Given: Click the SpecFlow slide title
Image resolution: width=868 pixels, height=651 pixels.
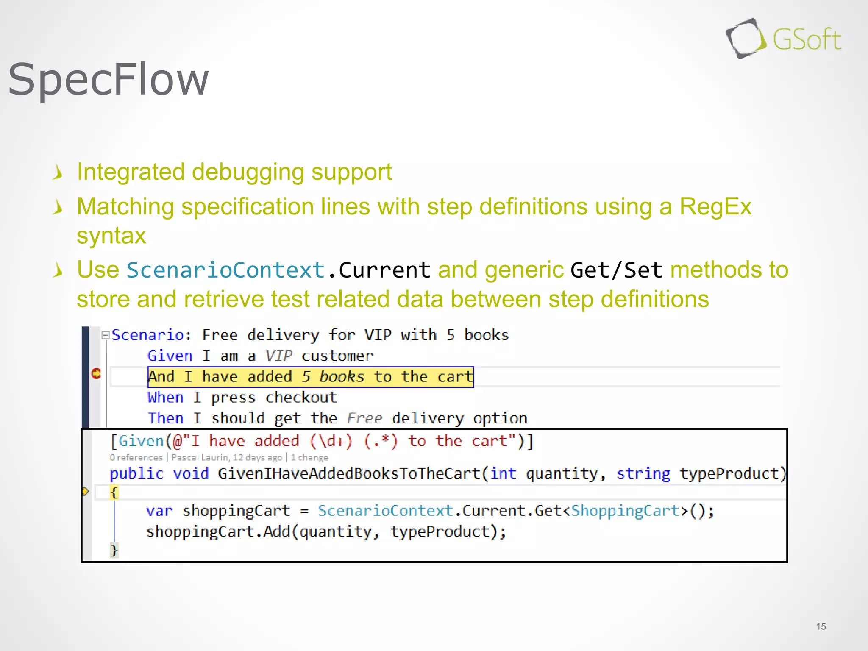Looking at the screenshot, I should coord(108,79).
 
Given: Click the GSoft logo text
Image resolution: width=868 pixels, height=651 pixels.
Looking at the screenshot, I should coord(807,40).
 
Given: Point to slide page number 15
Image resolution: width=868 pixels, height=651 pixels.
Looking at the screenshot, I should coord(821,626).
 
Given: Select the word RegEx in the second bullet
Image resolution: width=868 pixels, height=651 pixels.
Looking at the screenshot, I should coord(715,207).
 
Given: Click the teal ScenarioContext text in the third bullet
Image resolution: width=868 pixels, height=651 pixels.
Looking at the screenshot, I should coord(225,270).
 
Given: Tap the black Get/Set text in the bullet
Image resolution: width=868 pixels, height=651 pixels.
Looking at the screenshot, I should coord(616,270).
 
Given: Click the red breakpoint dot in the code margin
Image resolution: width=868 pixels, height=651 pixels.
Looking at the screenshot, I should coord(96,373).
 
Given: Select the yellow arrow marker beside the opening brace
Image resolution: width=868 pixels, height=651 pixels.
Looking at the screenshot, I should coord(85,492).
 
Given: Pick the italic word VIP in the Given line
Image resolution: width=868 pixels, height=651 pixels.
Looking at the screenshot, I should coord(278,356).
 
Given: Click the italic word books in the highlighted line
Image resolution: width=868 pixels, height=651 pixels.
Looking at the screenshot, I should coord(342,376).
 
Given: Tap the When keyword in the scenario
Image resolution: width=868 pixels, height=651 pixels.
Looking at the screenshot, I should coord(165,397).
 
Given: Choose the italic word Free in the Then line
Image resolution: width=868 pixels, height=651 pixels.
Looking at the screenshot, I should coord(364,418).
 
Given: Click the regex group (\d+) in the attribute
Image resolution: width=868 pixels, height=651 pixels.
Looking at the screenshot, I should coord(331,441).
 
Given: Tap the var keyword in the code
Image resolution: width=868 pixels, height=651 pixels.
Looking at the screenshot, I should coord(159,511).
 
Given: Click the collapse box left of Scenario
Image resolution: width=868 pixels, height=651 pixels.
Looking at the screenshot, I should coord(106,335).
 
